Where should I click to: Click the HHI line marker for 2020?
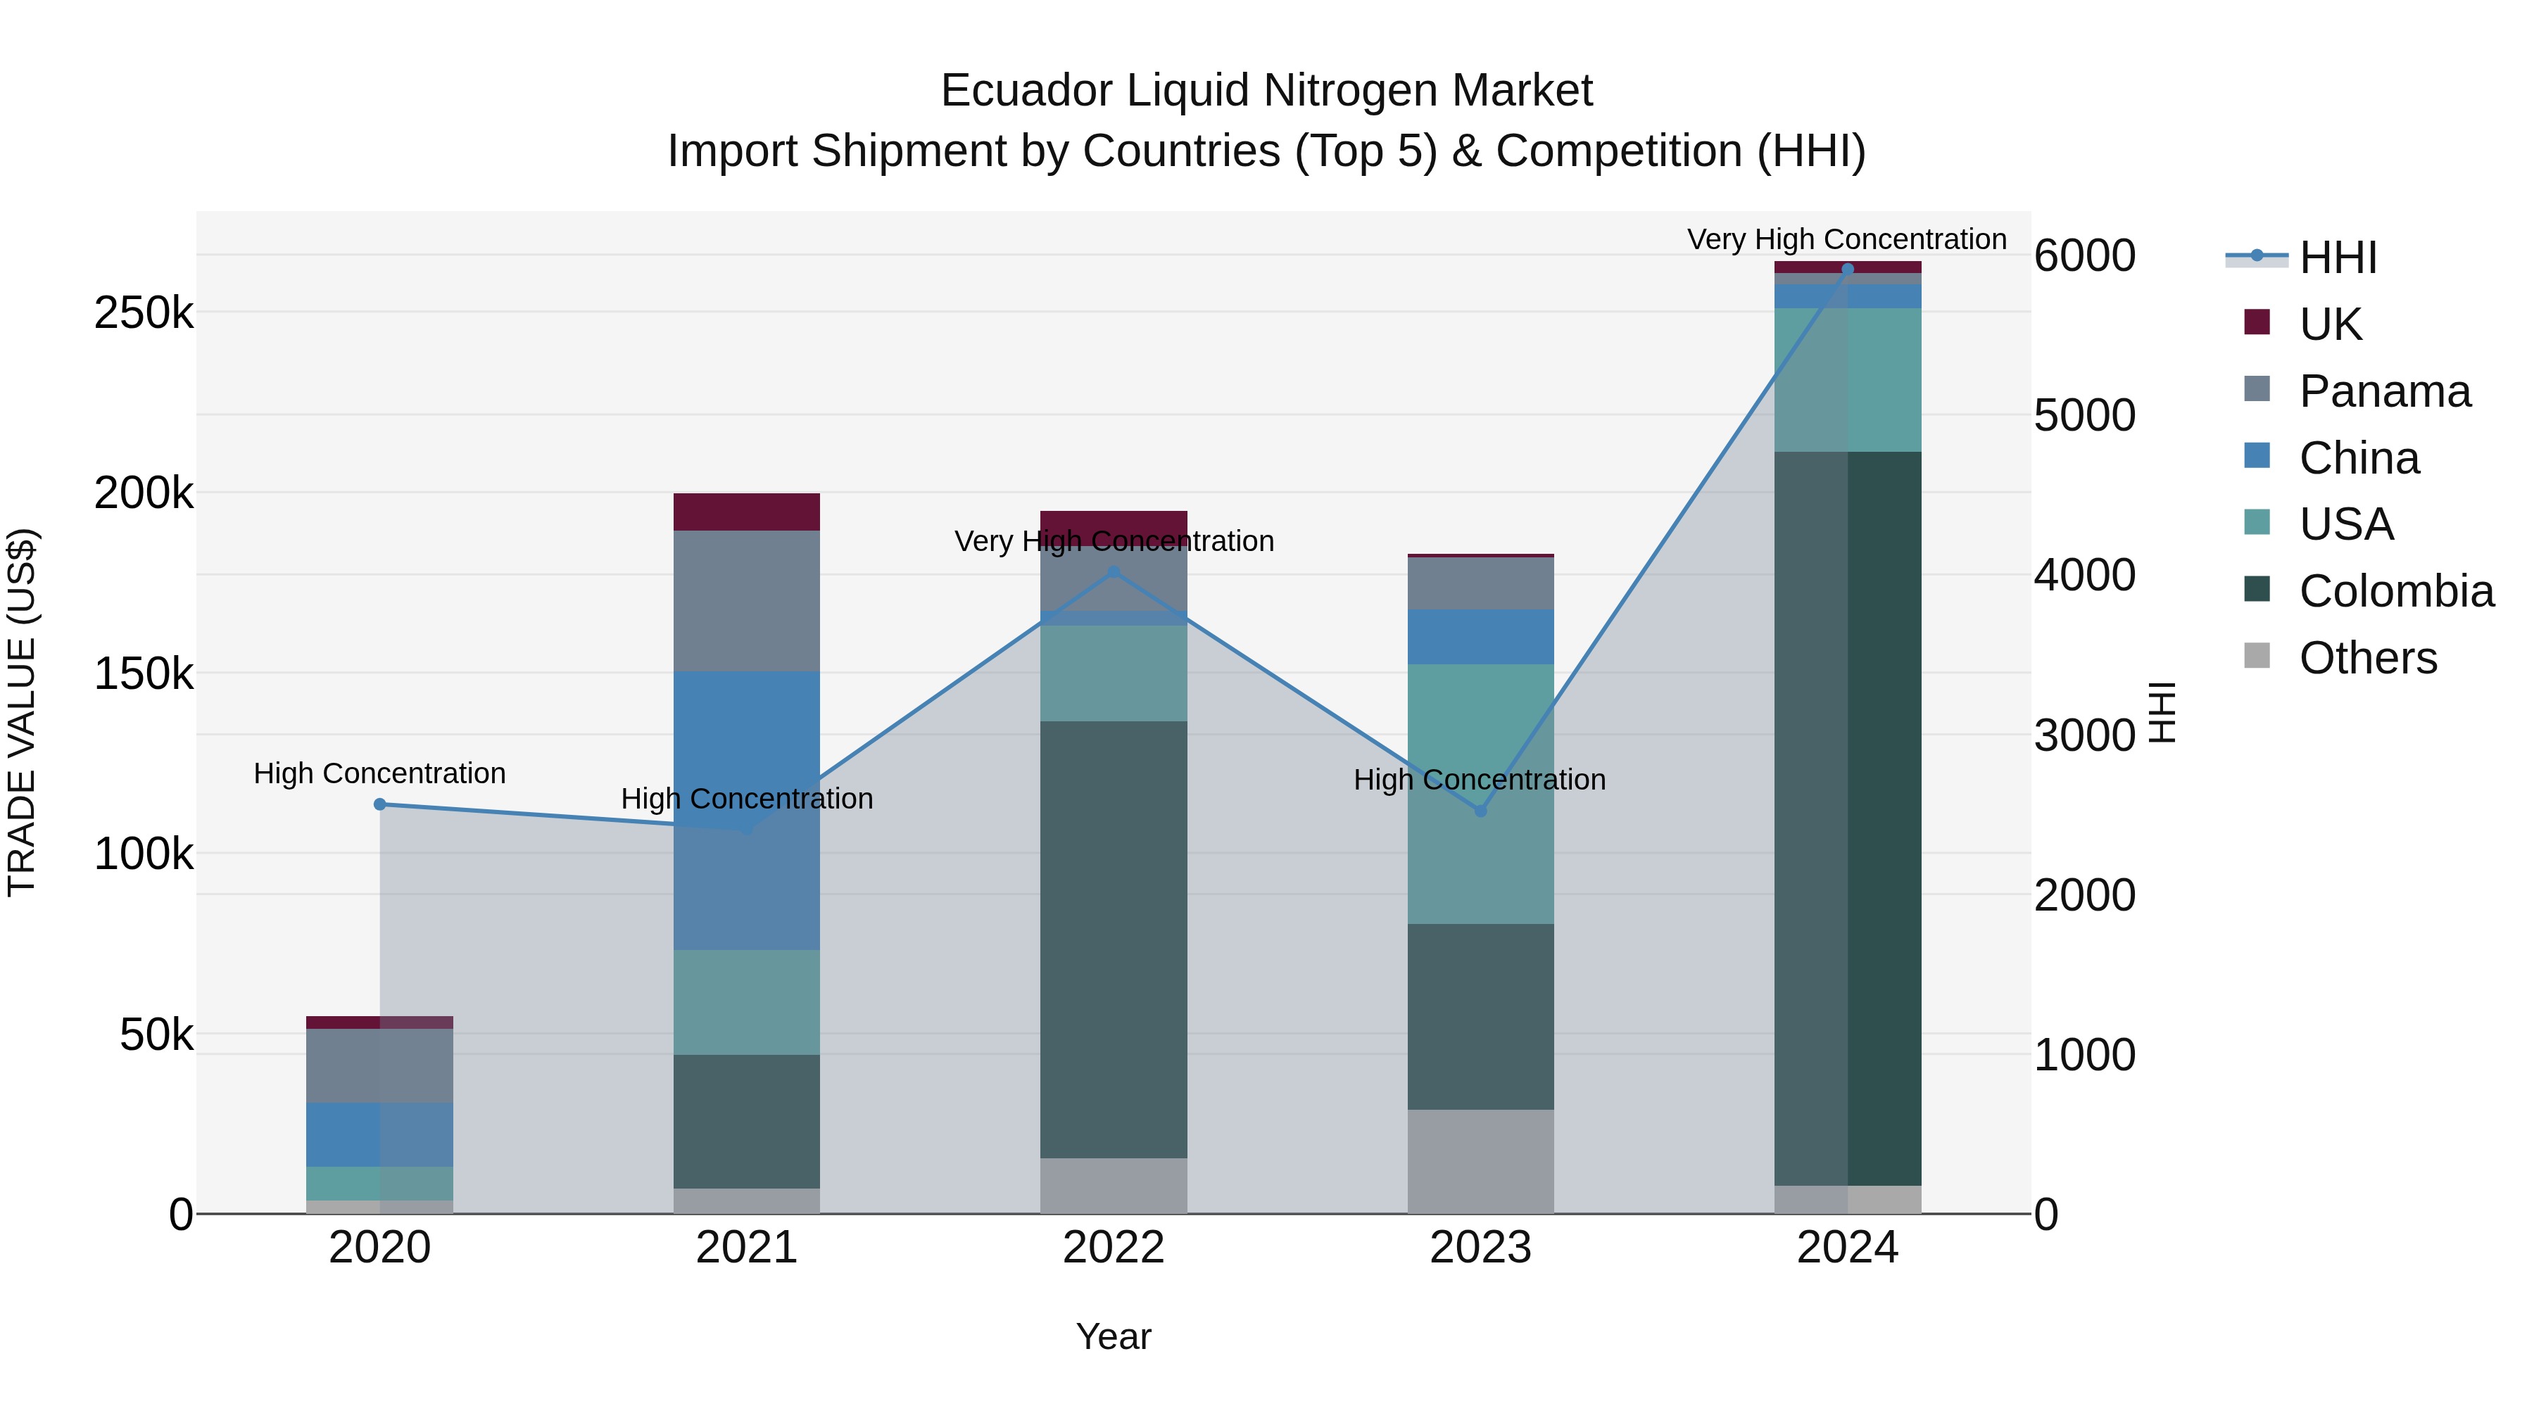coord(379,804)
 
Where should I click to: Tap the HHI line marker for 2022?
coord(1114,571)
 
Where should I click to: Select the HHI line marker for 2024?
coord(1848,270)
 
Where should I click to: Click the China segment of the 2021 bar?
coord(747,811)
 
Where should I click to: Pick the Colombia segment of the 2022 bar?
coord(1114,939)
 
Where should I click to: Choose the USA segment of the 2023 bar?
coord(1480,794)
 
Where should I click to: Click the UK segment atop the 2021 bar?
coord(747,512)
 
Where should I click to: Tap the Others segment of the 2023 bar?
coord(1480,1161)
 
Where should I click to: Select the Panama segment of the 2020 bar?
coord(379,1066)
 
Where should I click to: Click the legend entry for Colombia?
coord(2396,591)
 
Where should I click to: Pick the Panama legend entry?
coord(2385,391)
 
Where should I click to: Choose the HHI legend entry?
coord(2337,258)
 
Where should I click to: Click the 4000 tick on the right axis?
coord(2084,576)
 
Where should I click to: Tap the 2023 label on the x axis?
coord(1480,1248)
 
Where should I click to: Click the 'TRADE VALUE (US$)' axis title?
coord(22,712)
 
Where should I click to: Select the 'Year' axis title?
coord(1114,1336)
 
